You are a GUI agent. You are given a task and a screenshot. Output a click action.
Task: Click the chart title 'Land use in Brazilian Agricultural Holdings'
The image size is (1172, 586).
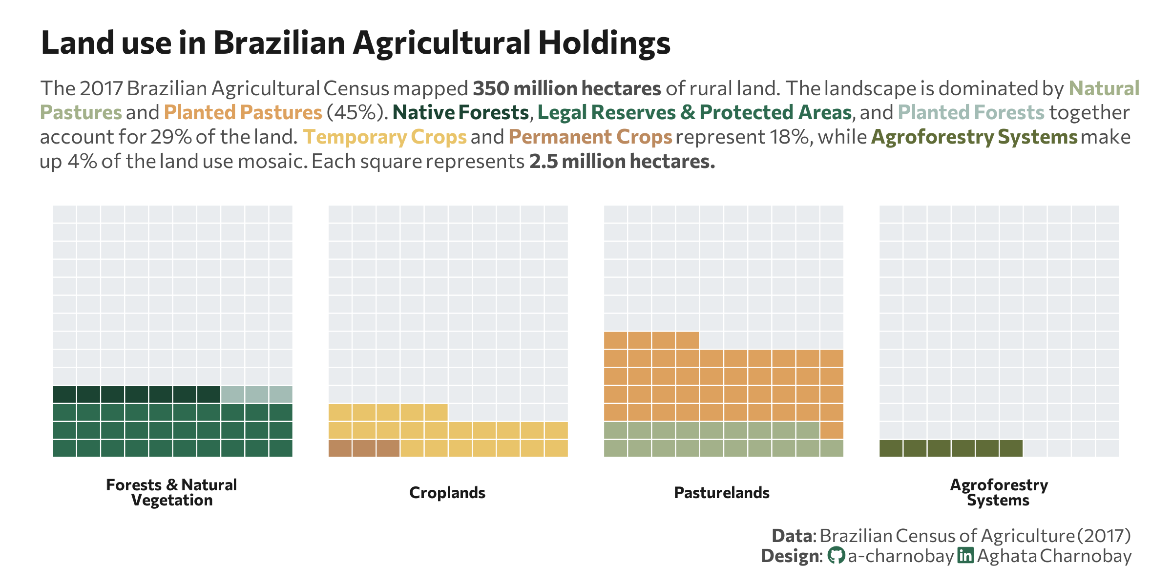click(356, 43)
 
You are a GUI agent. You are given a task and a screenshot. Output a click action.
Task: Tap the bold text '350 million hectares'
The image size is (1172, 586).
click(566, 89)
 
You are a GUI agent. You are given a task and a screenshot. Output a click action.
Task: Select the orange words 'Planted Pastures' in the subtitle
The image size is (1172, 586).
click(243, 113)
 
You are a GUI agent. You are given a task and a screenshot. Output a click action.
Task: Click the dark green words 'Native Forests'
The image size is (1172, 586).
click(460, 113)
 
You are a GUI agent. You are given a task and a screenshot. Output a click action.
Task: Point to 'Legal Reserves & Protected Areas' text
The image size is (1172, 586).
click(694, 113)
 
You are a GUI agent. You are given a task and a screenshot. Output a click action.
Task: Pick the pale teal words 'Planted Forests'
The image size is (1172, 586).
click(971, 113)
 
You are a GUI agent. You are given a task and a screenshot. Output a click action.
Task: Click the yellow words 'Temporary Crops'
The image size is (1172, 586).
click(385, 137)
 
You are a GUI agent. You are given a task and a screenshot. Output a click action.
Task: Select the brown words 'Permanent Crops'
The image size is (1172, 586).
click(590, 137)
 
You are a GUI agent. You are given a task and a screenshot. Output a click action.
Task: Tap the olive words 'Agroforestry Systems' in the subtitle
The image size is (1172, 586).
click(974, 137)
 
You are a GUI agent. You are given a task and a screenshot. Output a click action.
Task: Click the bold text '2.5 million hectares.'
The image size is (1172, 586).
click(622, 162)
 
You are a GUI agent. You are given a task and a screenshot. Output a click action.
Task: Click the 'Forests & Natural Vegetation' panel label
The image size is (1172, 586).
click(171, 492)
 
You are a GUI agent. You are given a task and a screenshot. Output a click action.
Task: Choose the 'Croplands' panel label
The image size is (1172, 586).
click(447, 493)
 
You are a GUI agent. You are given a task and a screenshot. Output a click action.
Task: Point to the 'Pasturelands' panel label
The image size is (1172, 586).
click(722, 493)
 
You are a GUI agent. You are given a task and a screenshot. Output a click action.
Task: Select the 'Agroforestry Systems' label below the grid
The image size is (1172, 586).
click(999, 492)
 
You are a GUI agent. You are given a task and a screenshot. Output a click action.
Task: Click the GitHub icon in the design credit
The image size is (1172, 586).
click(836, 556)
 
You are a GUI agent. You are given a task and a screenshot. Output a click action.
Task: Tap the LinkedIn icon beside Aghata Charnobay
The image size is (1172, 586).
click(965, 556)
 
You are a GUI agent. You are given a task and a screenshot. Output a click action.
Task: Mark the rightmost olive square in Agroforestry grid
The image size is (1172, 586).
click(1011, 448)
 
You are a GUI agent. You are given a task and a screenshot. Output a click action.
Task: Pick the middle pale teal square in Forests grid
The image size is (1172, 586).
click(257, 394)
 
